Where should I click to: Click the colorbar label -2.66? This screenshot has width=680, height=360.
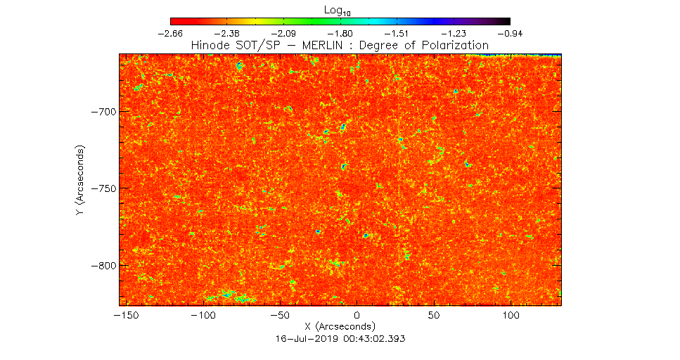171,33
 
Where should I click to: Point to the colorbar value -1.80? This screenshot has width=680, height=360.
340,33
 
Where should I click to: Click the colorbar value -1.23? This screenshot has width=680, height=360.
454,33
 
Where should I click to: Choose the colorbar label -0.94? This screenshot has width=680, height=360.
510,33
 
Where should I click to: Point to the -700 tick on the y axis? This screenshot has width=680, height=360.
104,112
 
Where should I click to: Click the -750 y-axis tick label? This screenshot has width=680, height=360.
104,188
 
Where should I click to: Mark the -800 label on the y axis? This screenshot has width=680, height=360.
104,266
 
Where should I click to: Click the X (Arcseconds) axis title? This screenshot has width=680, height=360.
340,327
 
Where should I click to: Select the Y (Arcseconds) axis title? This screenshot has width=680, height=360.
82,181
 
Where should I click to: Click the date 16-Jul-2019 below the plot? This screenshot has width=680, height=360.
307,338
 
